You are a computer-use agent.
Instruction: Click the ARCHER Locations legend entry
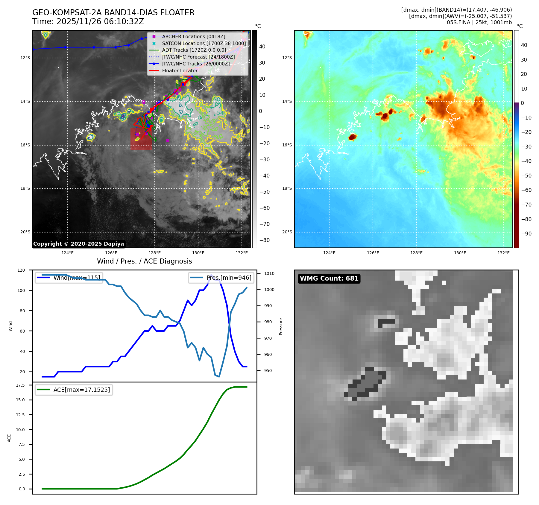(193, 36)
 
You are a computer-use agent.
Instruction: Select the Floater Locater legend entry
(180, 71)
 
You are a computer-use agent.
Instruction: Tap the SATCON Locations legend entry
(204, 43)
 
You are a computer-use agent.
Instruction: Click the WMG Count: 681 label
(329, 278)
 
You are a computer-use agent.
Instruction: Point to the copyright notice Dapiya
(78, 244)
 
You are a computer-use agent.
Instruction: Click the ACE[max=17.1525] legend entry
(81, 390)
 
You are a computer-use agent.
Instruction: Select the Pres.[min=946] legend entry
(229, 278)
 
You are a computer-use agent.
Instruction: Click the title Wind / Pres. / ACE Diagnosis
(144, 261)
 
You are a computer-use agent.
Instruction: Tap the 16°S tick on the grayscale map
(25, 145)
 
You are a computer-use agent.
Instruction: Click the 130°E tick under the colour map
(460, 253)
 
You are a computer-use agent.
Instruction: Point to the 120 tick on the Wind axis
(21, 270)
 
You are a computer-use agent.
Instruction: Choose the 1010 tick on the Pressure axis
(269, 273)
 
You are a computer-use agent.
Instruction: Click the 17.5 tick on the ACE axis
(20, 385)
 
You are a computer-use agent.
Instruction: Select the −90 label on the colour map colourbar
(526, 234)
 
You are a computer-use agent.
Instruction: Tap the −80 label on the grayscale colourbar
(264, 240)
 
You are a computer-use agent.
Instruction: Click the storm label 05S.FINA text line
(479, 22)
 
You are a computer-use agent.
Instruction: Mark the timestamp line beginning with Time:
(88, 22)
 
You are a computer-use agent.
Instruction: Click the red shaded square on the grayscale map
(141, 139)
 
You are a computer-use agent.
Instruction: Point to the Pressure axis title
(281, 326)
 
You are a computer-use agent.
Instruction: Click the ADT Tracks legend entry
(194, 50)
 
